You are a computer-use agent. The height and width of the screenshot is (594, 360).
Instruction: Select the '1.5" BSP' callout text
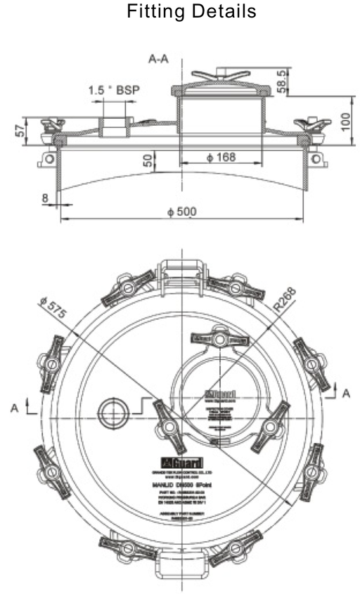[x=114, y=90]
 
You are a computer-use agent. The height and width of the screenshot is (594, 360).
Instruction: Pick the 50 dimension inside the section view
[x=148, y=160]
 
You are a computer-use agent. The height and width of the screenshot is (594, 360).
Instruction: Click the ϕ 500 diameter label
[x=182, y=211]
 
